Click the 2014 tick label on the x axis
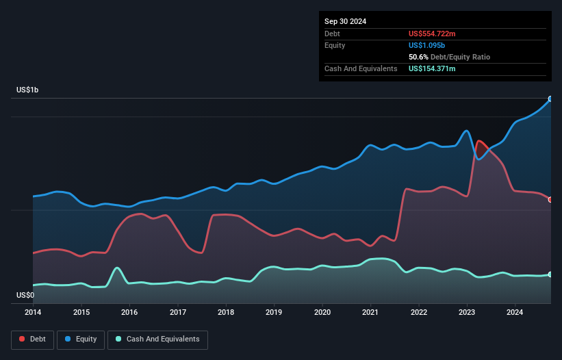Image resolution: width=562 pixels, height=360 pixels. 33,312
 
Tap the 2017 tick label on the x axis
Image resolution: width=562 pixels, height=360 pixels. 178,312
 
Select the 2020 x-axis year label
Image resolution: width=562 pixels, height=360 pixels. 322,312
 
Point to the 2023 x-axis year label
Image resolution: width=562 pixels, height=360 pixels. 468,312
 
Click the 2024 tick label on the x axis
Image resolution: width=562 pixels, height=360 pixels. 515,312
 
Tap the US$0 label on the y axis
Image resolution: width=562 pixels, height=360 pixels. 26,295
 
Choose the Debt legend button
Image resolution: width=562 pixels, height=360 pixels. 31,339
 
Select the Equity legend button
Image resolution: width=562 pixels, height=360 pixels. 81,339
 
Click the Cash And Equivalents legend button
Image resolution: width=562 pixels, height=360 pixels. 157,339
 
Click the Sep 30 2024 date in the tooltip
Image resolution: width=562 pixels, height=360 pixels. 345,21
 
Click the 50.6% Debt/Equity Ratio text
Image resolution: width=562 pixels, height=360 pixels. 449,57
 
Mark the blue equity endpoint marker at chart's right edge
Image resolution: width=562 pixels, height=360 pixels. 550,99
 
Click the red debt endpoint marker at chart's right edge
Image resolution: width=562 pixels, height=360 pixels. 550,199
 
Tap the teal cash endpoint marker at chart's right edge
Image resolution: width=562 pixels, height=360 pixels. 550,274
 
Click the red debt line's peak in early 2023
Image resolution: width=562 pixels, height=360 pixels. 479,141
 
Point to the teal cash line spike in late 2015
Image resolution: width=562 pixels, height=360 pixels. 118,268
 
